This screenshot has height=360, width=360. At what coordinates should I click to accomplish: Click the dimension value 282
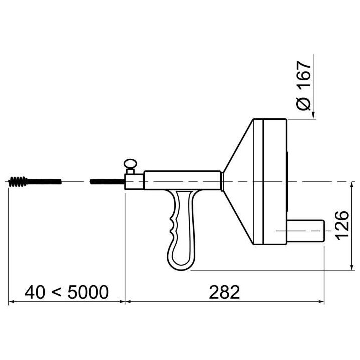tap(224, 292)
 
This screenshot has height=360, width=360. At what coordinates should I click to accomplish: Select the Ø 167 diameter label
tap(304, 86)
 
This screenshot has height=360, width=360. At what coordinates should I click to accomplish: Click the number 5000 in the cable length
tap(88, 292)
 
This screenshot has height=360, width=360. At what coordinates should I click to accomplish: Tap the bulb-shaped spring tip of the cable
tap(18, 182)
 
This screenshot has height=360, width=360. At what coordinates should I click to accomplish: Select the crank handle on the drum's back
tap(306, 231)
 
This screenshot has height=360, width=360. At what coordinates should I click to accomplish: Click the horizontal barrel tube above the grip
tap(183, 180)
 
